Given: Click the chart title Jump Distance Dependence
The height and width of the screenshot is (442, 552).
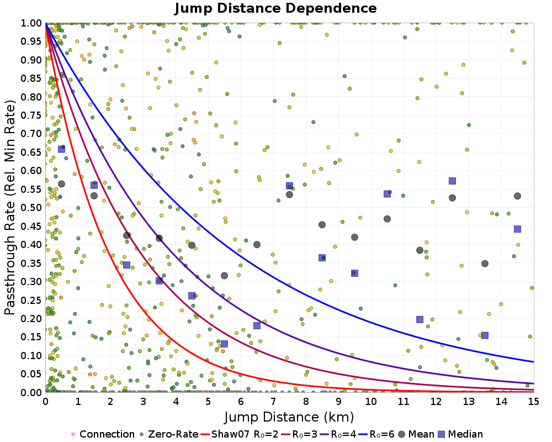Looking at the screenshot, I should click(x=275, y=9).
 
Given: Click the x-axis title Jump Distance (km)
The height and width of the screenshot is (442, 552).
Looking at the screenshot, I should click(x=289, y=415).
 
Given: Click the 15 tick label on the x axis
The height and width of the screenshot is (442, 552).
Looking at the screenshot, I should click(x=533, y=401).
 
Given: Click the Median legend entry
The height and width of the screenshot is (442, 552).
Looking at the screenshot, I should click(x=462, y=434).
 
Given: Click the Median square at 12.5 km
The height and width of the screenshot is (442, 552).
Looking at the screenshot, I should click(x=452, y=181).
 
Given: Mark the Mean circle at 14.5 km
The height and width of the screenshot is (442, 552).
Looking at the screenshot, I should click(x=517, y=196).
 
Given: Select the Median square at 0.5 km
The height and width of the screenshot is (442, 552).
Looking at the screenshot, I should click(x=61, y=149).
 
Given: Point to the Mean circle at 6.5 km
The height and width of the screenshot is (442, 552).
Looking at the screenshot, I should click(x=257, y=244).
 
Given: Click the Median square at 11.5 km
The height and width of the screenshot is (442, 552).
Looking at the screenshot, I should click(x=420, y=319).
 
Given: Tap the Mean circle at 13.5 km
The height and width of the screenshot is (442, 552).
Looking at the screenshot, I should click(x=485, y=264).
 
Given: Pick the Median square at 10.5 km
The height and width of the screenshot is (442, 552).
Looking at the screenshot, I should click(x=387, y=193).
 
